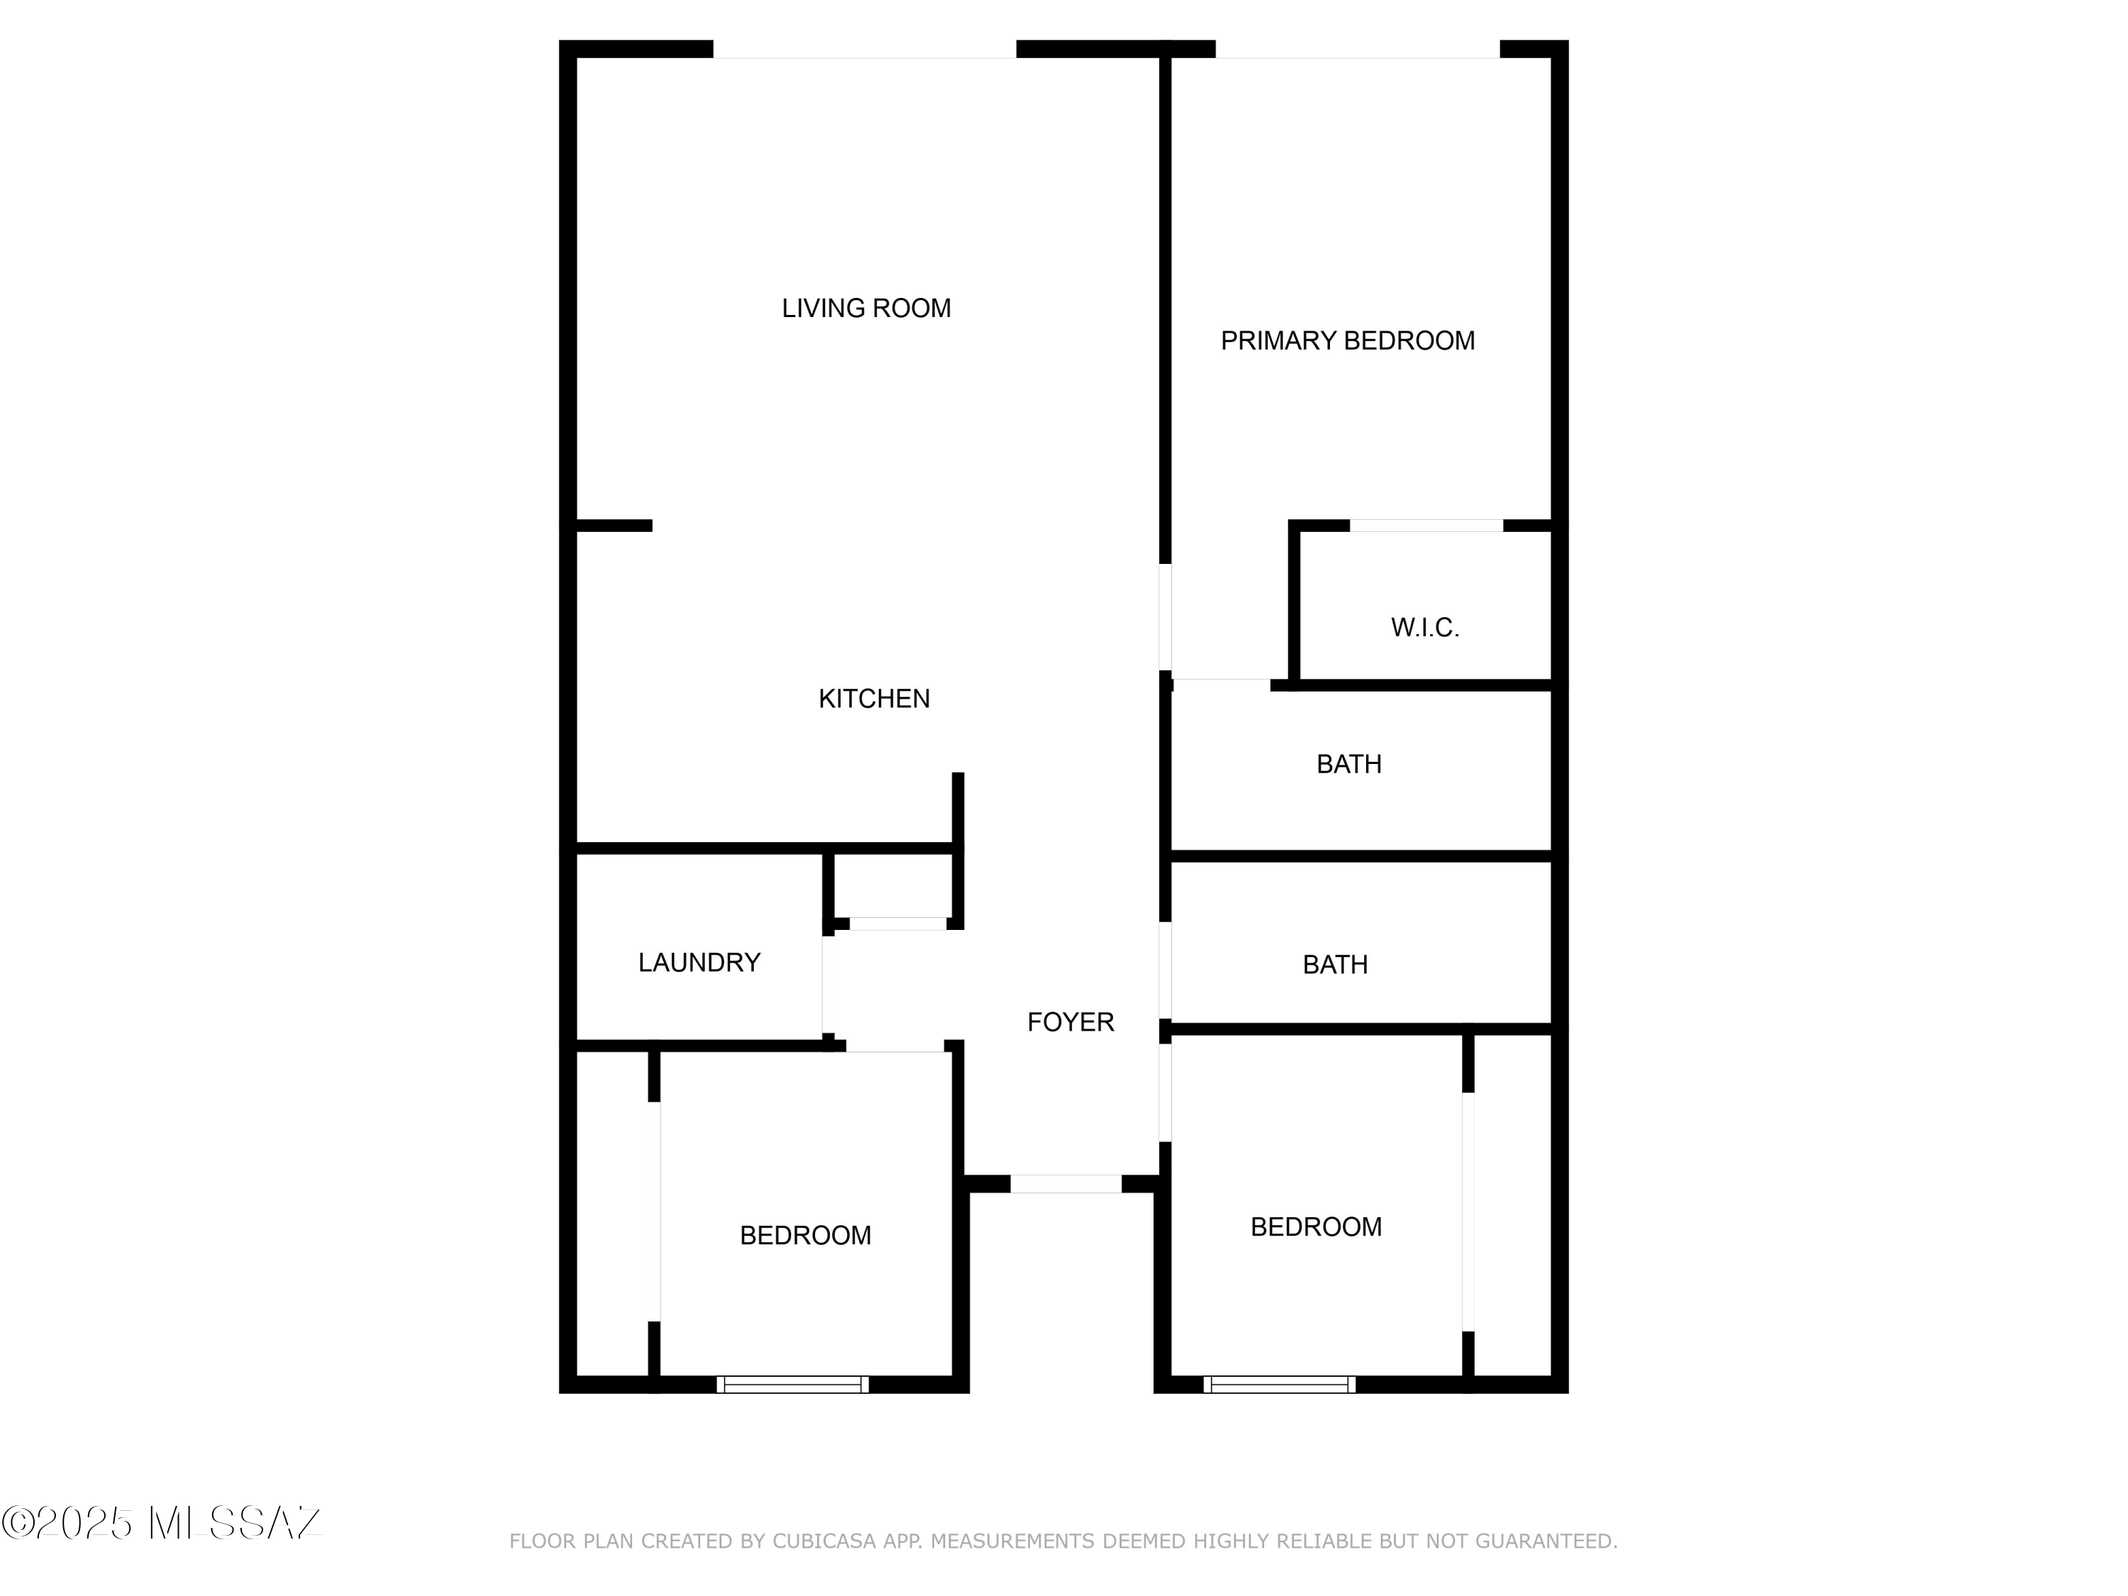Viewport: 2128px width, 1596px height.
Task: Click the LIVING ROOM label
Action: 866,308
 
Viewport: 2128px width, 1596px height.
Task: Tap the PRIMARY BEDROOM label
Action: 1347,340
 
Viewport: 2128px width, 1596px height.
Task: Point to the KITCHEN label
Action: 873,699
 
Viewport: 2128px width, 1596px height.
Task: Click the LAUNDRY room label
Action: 699,962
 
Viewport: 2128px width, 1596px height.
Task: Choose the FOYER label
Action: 1070,1021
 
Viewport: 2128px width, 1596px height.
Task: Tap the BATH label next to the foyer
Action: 1334,965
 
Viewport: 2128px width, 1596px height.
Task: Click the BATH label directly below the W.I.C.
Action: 1348,764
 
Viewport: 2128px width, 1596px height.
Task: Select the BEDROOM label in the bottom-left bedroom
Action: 805,1235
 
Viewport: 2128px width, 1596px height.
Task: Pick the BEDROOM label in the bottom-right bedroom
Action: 1316,1226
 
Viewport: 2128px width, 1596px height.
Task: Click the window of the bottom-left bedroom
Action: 793,1385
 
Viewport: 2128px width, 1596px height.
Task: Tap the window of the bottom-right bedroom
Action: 1280,1385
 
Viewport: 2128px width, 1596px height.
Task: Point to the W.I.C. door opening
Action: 1426,526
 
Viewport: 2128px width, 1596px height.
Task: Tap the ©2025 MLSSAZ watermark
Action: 162,1523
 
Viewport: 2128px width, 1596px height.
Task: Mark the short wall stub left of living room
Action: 614,526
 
